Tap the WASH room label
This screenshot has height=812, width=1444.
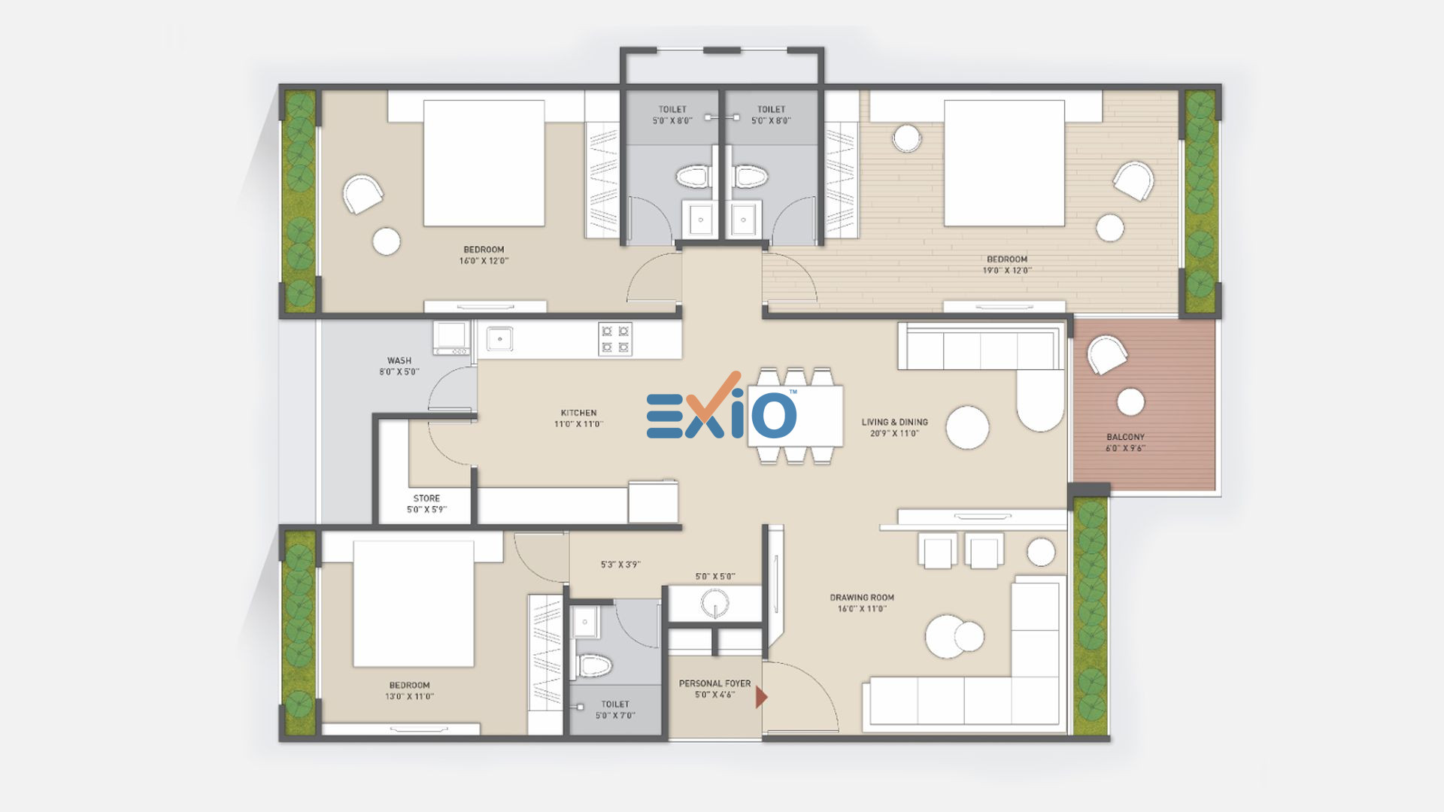[399, 361]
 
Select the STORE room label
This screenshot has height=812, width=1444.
[426, 498]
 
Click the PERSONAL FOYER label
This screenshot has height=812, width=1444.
[714, 683]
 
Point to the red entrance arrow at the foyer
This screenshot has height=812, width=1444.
[761, 698]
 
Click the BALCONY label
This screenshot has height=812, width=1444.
[1125, 437]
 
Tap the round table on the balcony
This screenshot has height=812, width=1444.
[1130, 402]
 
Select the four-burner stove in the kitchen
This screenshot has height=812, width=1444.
[615, 338]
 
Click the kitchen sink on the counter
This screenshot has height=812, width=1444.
[499, 338]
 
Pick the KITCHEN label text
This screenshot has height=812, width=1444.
[578, 413]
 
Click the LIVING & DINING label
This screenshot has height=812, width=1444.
[894, 423]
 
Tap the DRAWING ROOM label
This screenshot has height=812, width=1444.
[862, 598]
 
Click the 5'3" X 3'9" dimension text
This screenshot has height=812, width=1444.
[620, 565]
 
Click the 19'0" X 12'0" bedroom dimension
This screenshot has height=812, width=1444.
[1007, 271]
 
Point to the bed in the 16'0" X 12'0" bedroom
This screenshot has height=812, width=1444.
[484, 163]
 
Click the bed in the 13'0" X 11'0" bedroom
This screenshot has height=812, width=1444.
[413, 604]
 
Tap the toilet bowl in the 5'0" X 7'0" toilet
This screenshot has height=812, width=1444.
[594, 665]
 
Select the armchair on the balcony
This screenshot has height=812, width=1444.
[1106, 354]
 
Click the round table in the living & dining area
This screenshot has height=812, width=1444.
[967, 427]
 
